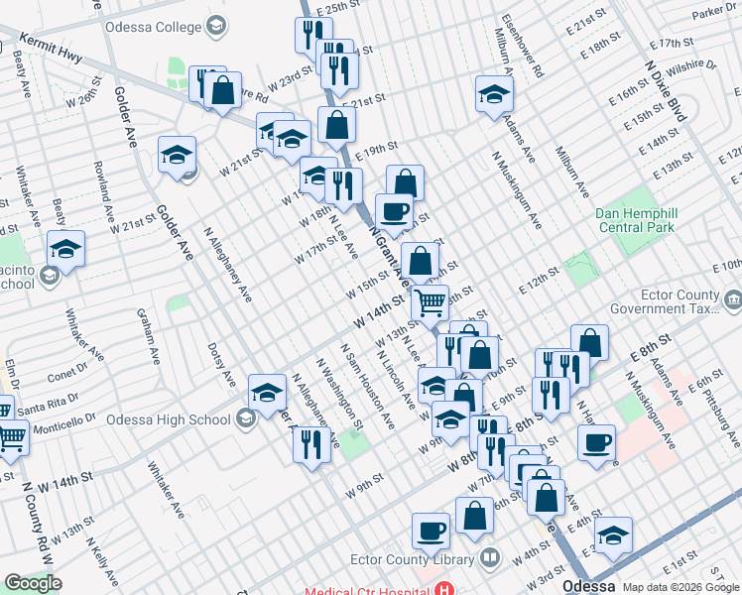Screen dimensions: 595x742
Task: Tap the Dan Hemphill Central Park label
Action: coord(635,220)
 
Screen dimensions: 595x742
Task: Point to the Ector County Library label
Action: coord(429,558)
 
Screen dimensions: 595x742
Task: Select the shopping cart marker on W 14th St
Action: coord(429,302)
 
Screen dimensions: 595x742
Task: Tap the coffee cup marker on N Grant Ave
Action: coord(394,211)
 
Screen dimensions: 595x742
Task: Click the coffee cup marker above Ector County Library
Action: coord(430,531)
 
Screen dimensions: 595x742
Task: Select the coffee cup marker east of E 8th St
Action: coord(596,442)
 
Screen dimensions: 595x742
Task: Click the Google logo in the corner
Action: coord(33,583)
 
